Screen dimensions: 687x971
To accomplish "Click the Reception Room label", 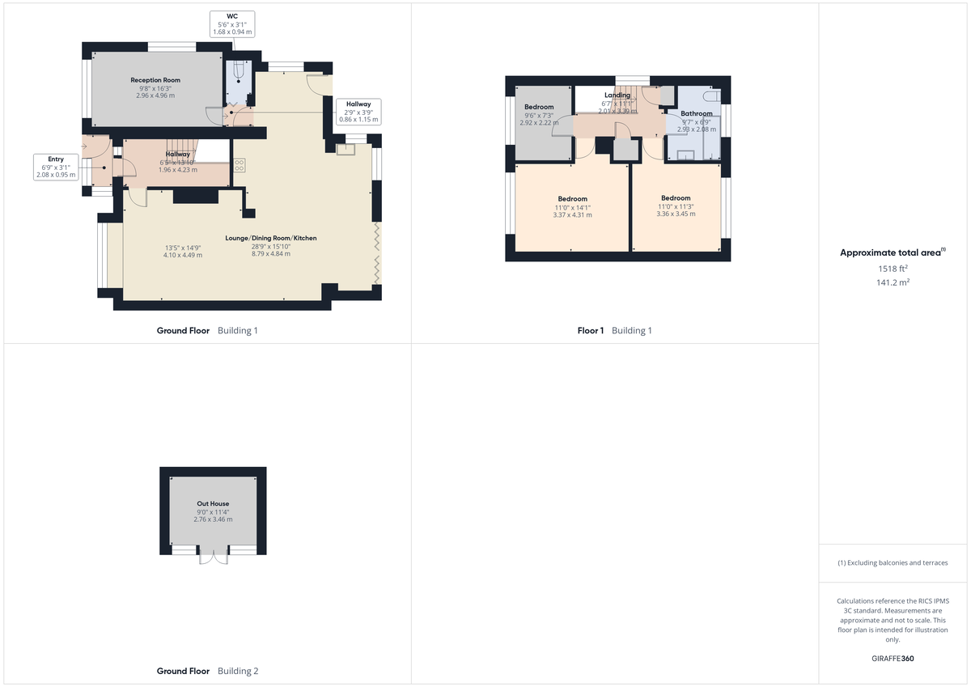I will [x=155, y=80].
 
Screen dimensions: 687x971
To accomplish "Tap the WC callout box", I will [x=232, y=23].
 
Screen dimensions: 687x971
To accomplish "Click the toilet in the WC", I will [x=240, y=72].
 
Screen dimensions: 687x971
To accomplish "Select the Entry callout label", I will [x=55, y=166].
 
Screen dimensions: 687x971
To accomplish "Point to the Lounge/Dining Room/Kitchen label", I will [x=270, y=238].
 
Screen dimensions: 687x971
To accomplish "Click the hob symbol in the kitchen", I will [x=240, y=165].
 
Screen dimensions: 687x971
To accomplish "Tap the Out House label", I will [x=213, y=503].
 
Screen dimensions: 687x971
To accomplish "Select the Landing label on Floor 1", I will [x=617, y=95].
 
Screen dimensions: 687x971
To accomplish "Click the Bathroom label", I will [x=696, y=114].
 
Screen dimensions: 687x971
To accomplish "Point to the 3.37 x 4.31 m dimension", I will [x=572, y=215].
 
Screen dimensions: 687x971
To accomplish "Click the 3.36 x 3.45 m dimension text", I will [x=676, y=214].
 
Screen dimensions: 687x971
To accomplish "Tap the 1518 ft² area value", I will [x=893, y=268].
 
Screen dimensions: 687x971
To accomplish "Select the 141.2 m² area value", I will [x=893, y=282].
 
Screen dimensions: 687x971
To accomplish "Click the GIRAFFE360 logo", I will [x=893, y=659].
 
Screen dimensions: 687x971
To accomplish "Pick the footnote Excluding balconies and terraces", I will [x=893, y=562].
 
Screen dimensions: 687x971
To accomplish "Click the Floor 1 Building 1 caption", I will [x=614, y=330].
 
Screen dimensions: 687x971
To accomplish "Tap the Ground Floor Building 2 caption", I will [x=207, y=671].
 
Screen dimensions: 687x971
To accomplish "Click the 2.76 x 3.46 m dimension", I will [x=213, y=519].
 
